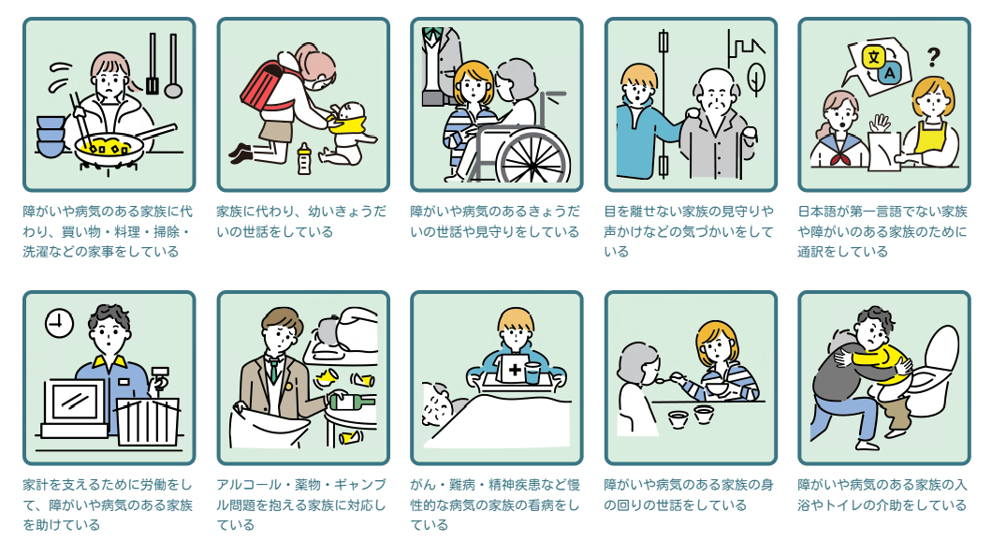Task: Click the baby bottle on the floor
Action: [x=304, y=159]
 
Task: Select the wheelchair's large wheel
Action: [x=532, y=156]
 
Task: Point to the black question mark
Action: [x=934, y=57]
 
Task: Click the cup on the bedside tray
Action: [x=533, y=373]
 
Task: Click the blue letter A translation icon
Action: [x=890, y=73]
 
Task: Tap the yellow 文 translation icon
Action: [x=873, y=57]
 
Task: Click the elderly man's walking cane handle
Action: [x=749, y=134]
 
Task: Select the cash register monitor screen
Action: [x=75, y=402]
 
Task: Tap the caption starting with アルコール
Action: [x=301, y=505]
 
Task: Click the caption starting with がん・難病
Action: [x=495, y=505]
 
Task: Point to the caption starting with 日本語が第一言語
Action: [x=882, y=231]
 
